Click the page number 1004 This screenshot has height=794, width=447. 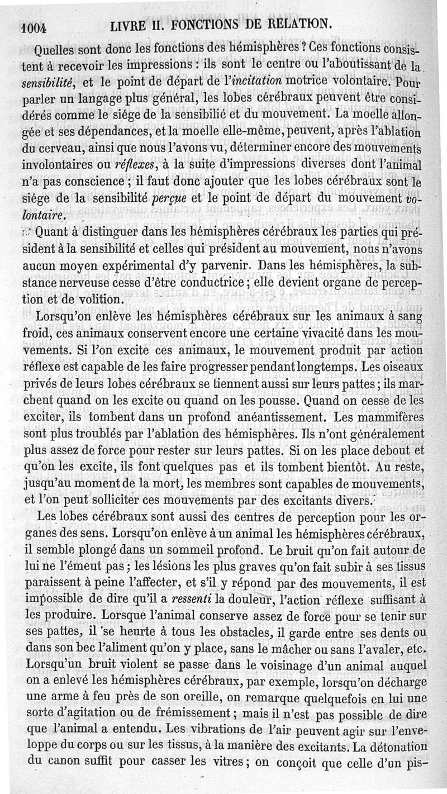pos(35,27)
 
